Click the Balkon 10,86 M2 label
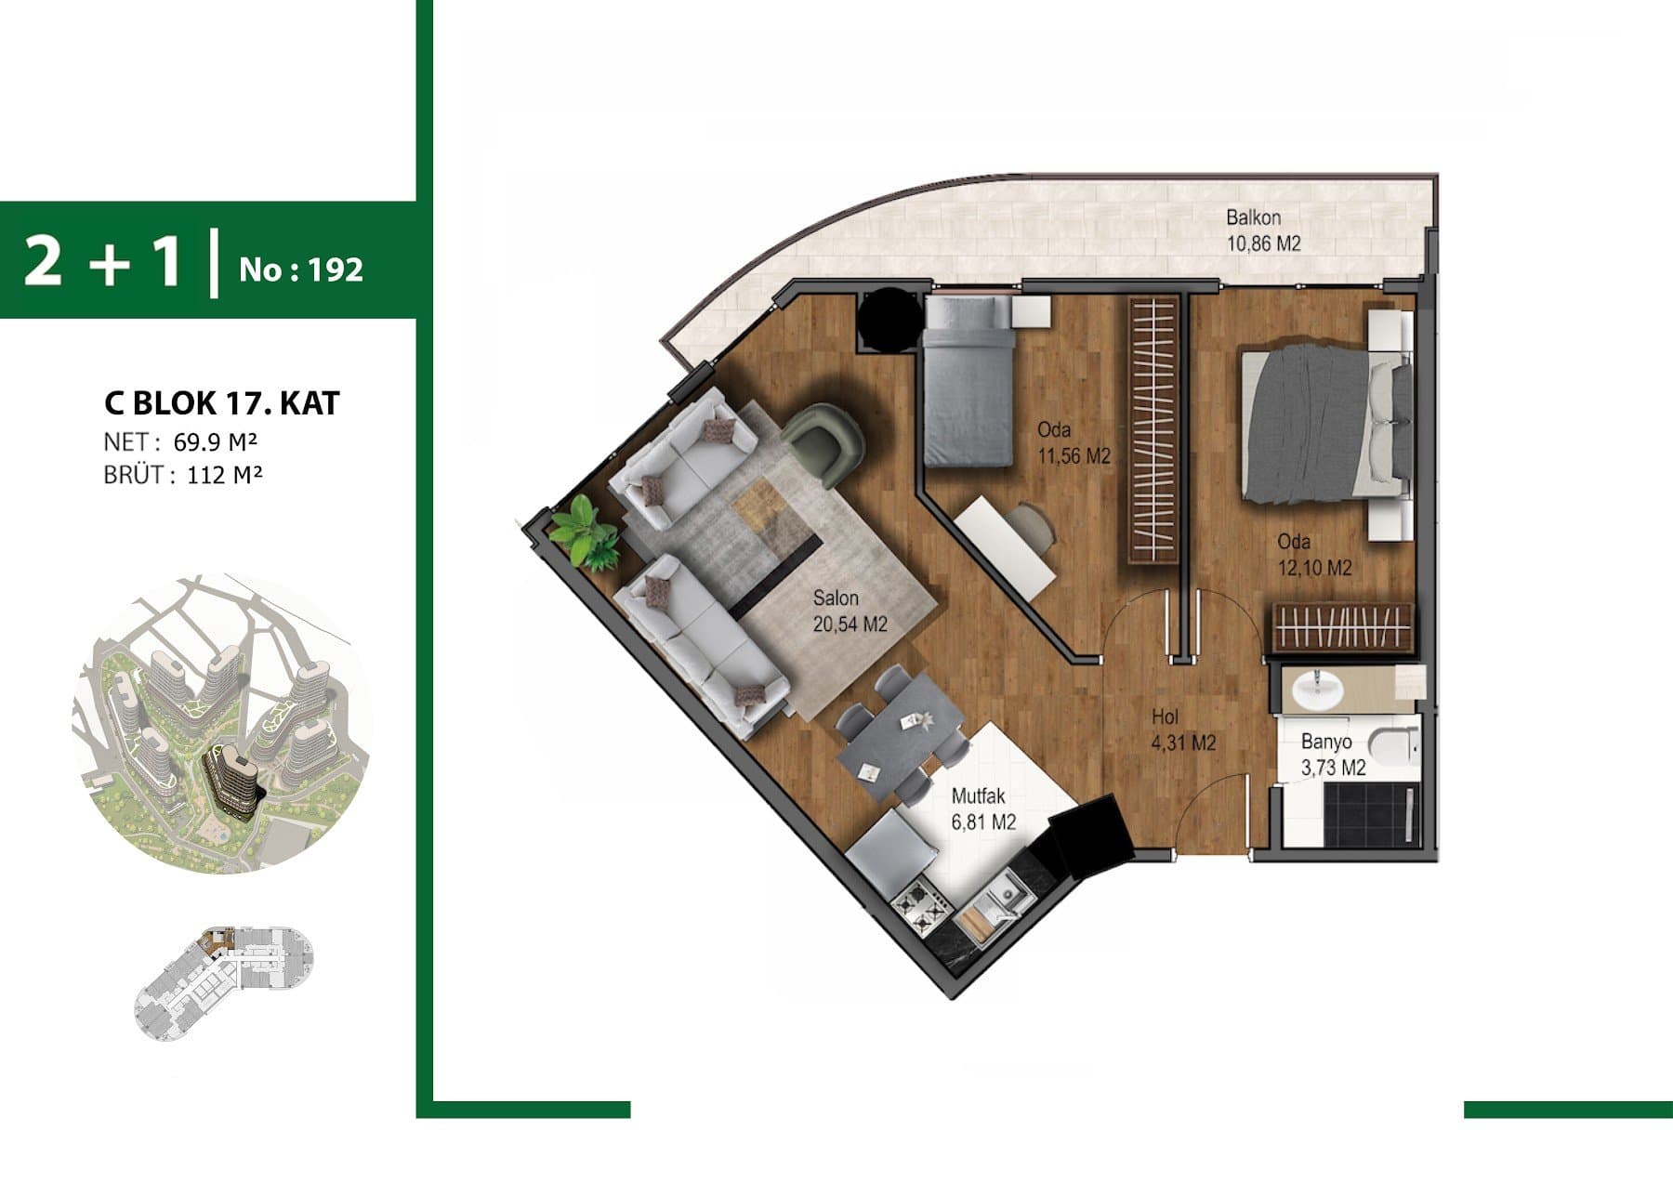click(x=1263, y=230)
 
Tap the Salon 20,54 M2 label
click(x=850, y=611)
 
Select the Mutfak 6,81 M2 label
click(x=983, y=808)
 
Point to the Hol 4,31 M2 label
click(x=1183, y=730)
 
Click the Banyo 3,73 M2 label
click(x=1333, y=755)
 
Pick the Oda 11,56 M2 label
click(x=1074, y=442)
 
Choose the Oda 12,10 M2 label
click(x=1314, y=554)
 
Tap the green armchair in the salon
click(x=823, y=441)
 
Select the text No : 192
click(x=300, y=269)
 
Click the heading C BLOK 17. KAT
click(x=222, y=403)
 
